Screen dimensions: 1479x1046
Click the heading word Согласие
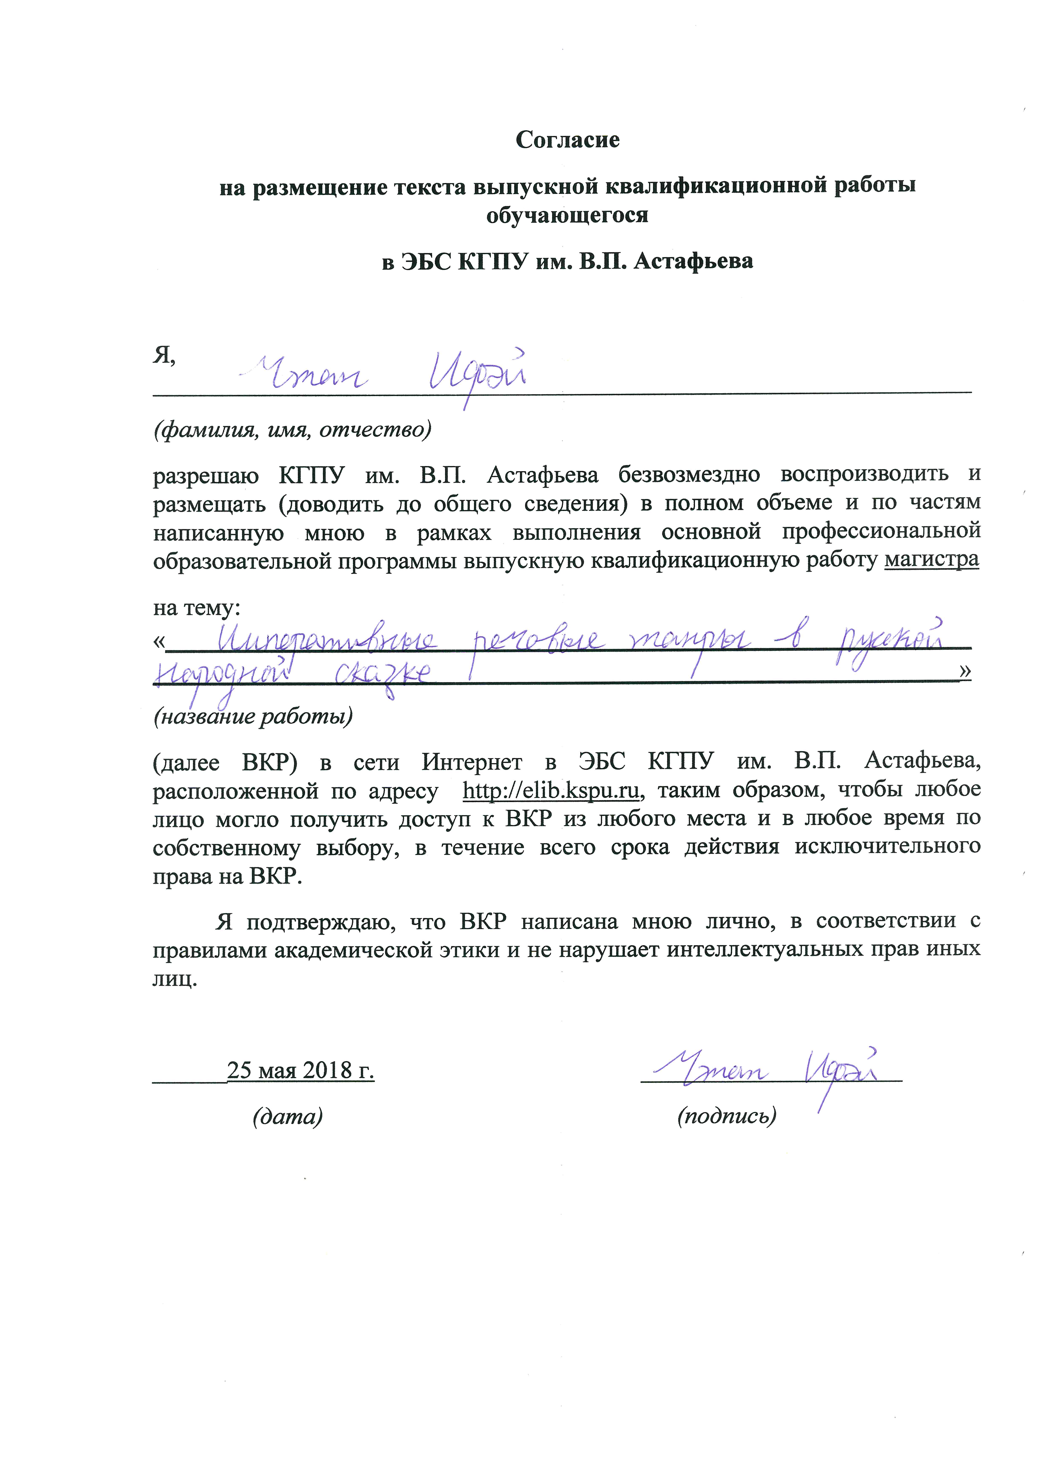pos(567,140)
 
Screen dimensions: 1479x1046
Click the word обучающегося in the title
pos(567,215)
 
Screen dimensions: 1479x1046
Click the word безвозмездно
pos(689,475)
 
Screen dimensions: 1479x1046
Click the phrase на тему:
pos(197,607)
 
